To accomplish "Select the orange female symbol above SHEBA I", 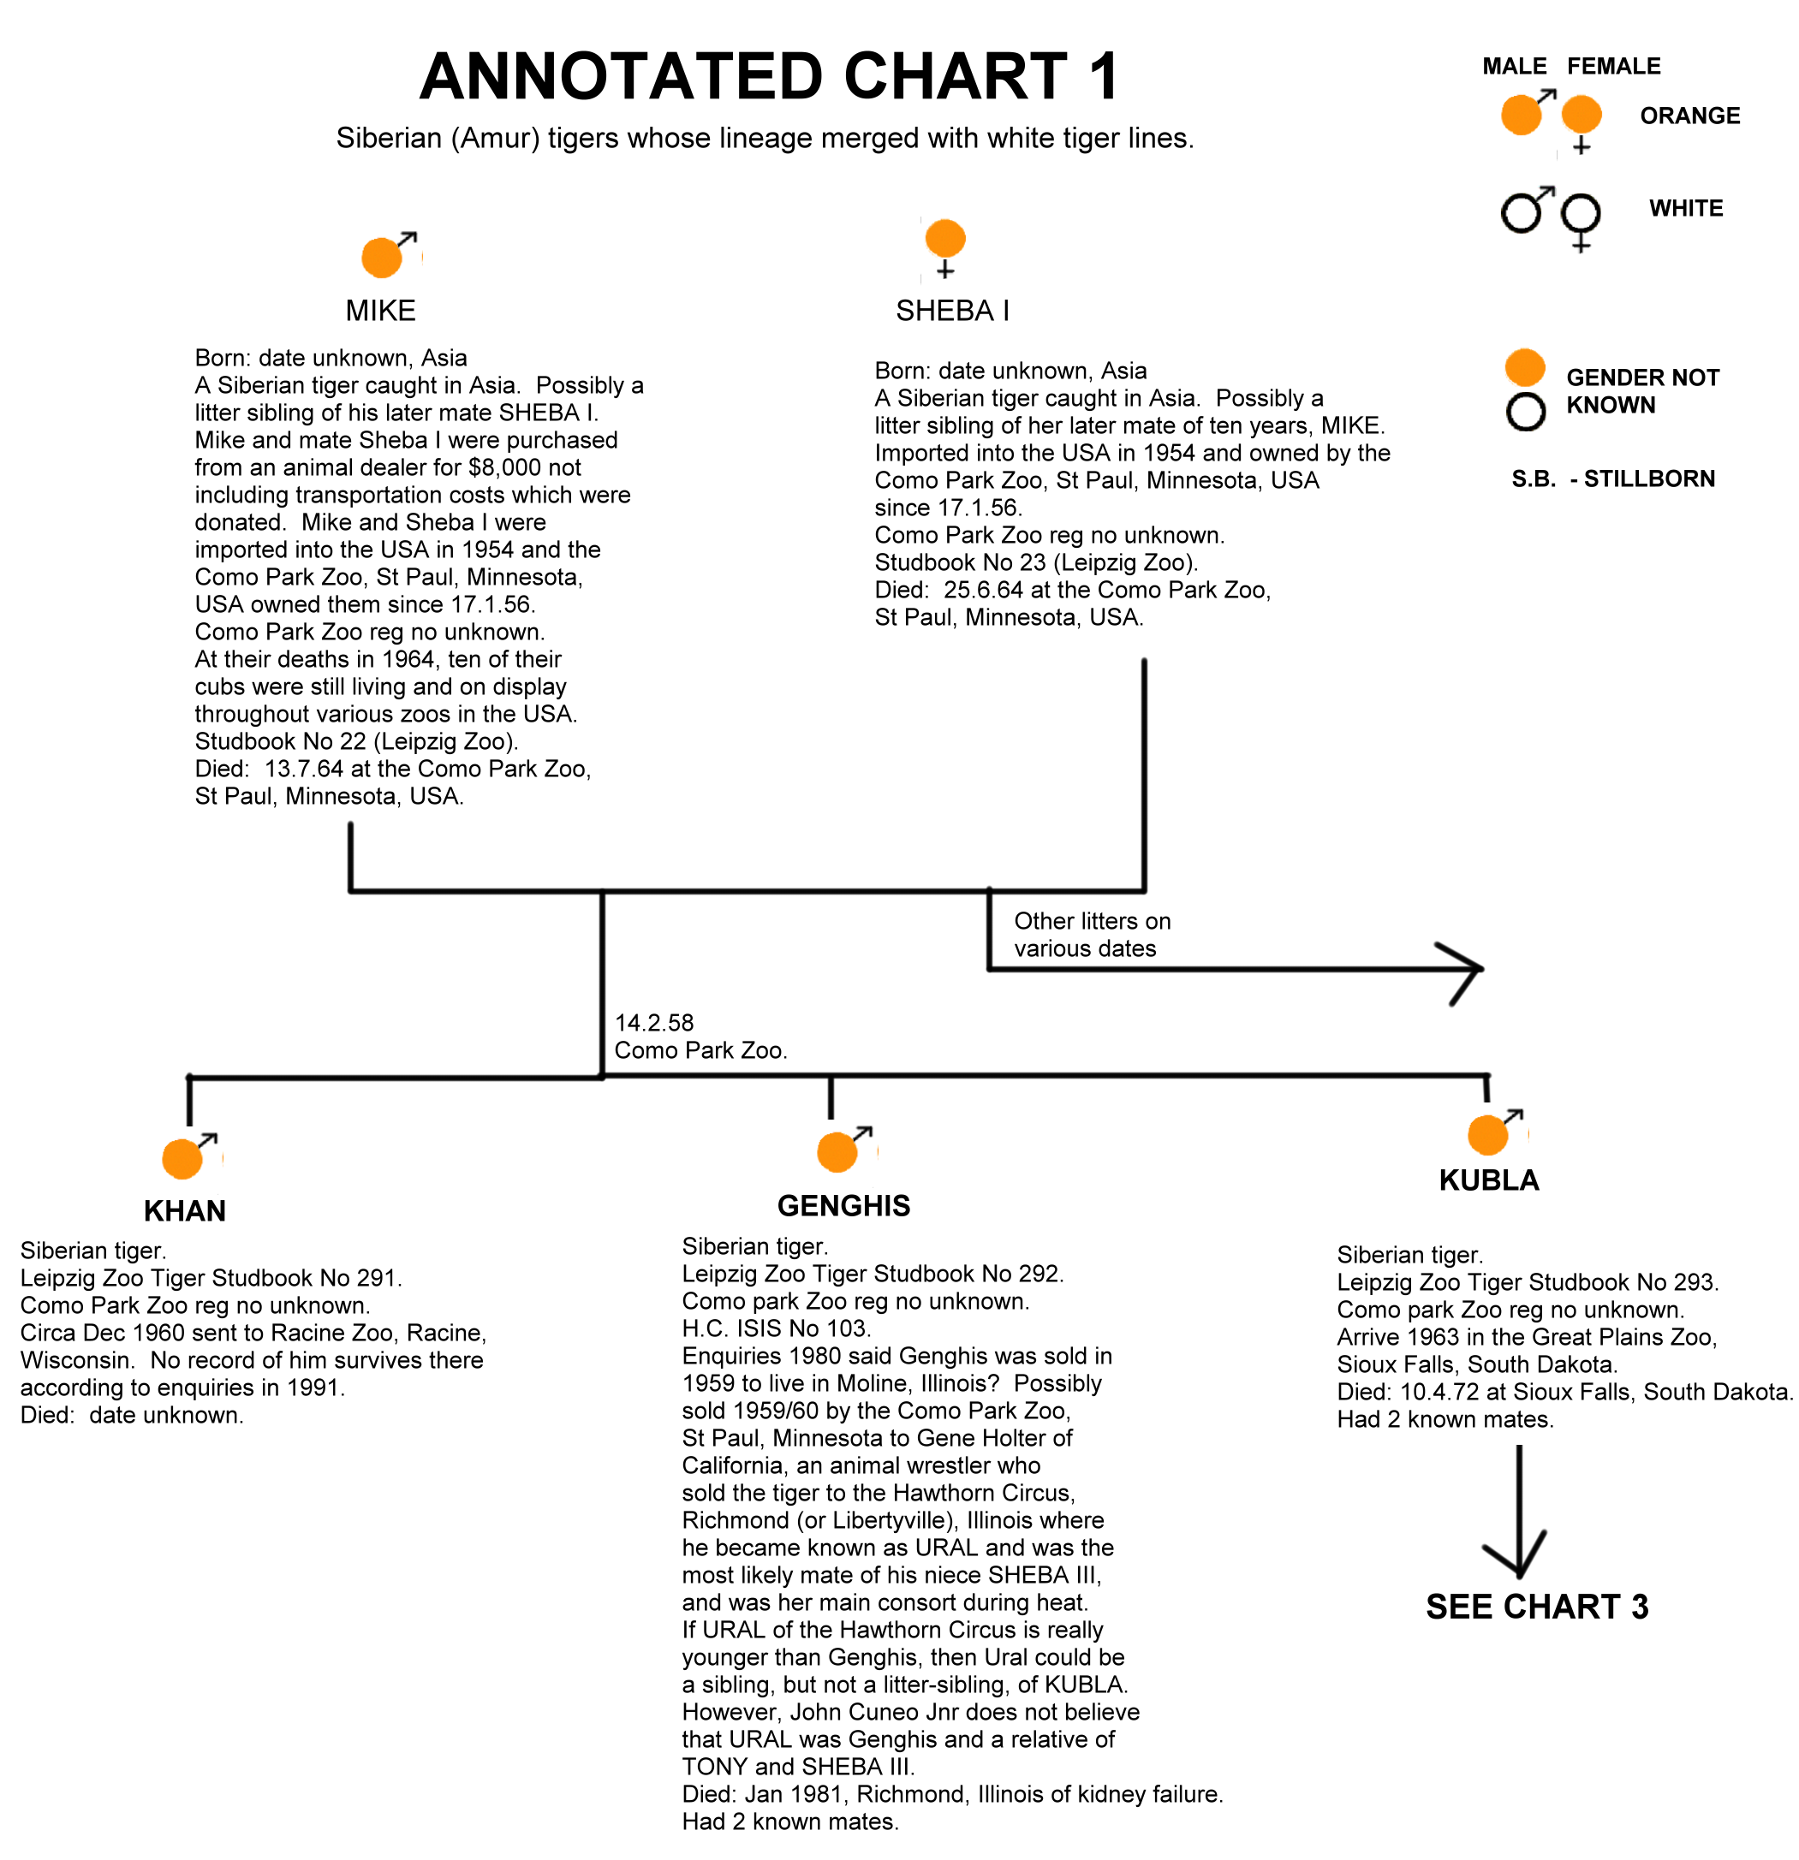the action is point(944,248).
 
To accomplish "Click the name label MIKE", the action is point(381,312).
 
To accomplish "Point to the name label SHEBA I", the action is point(952,312).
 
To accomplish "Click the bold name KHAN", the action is point(185,1211).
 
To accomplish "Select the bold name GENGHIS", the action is point(844,1206).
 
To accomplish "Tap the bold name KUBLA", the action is point(1488,1180).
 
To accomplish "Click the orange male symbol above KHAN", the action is point(189,1155).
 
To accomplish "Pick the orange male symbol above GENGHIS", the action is point(844,1150).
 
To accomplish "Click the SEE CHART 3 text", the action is point(1537,1607).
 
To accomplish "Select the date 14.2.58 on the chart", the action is point(654,1023).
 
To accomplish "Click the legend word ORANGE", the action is point(1689,116).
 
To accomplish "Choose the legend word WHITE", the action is point(1685,208).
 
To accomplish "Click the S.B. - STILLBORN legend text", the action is point(1613,478).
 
